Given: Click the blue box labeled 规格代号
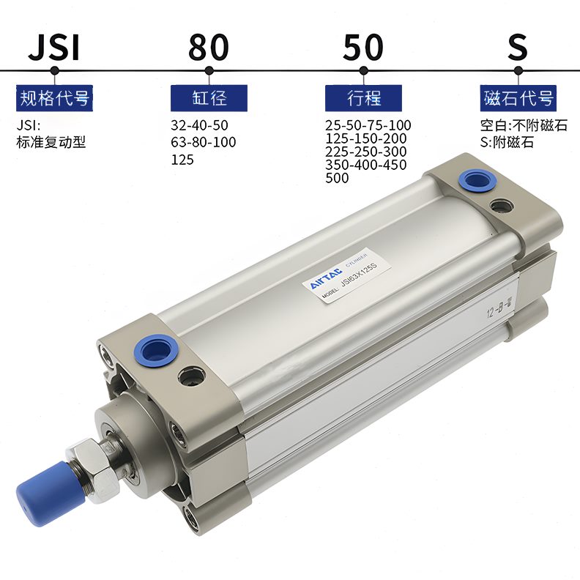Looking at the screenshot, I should pos(54,97).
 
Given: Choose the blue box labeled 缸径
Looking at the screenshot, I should pos(209,97).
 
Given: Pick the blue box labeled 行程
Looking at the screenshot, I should pos(363,97).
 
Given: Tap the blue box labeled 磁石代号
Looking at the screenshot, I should pos(518,97).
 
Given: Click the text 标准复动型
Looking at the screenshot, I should pos(51,142).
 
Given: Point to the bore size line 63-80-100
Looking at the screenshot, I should pos(203,142).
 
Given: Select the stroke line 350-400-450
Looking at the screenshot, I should pos(365,164).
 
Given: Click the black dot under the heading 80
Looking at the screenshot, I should pos(209,71).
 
